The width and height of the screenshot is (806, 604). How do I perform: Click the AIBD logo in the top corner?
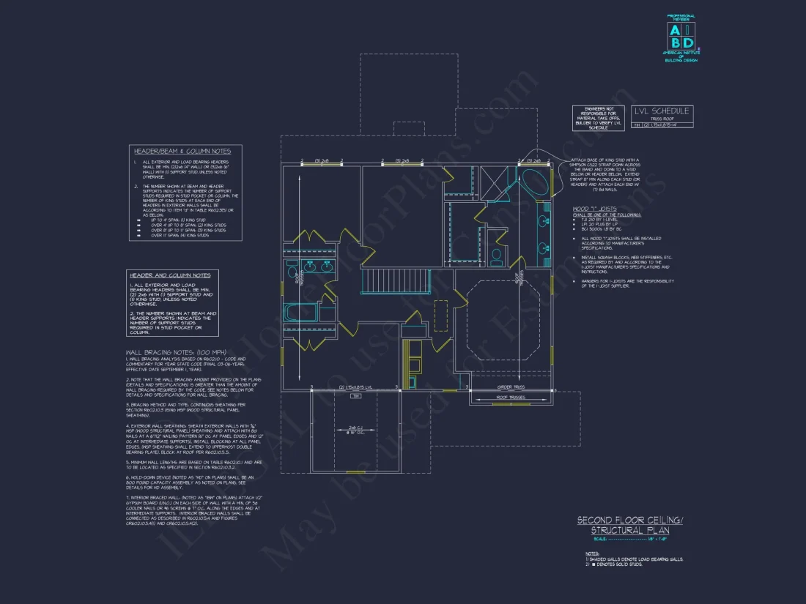[681, 37]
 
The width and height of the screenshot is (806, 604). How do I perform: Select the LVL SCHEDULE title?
[662, 111]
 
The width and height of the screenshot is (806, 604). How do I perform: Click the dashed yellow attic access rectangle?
[440, 316]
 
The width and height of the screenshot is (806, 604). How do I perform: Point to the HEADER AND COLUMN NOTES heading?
[170, 275]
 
